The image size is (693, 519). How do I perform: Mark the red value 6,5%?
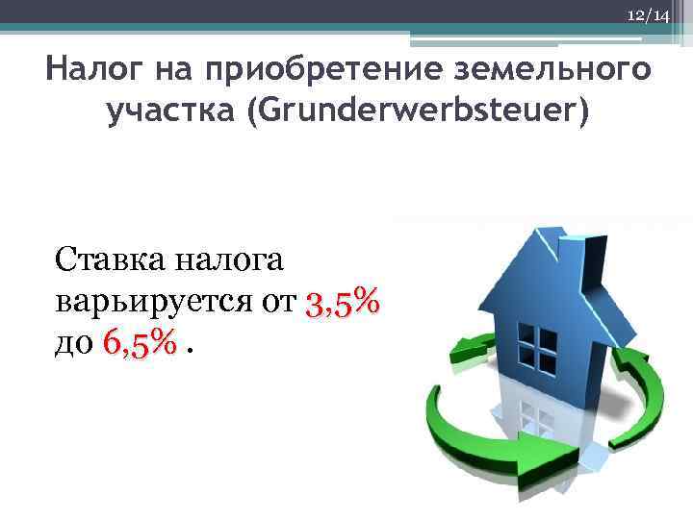coord(139,341)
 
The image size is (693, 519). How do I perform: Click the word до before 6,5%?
coord(73,341)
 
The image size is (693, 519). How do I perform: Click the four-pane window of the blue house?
coord(536,341)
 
